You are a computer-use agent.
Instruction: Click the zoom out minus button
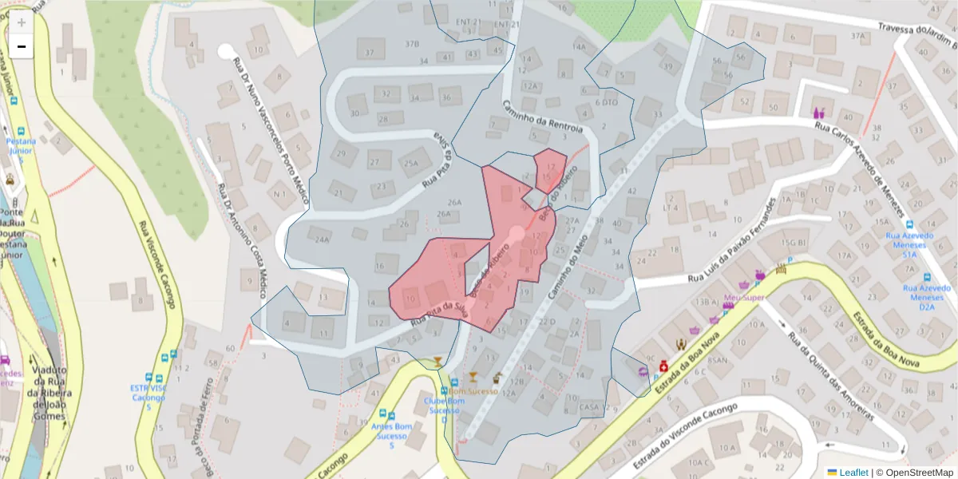coord(22,47)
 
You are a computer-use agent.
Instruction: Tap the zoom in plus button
coord(22,23)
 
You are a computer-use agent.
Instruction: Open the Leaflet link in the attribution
coord(853,473)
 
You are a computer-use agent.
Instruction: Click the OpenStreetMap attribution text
coord(915,473)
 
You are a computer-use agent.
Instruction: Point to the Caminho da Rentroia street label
coord(543,117)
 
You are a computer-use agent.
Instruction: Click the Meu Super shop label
coord(743,298)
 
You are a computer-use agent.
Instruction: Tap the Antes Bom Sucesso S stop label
coord(390,436)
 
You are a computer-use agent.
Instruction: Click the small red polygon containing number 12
coord(550,169)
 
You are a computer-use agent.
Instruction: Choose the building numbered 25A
coord(410,163)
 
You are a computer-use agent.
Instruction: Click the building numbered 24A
coord(323,239)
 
